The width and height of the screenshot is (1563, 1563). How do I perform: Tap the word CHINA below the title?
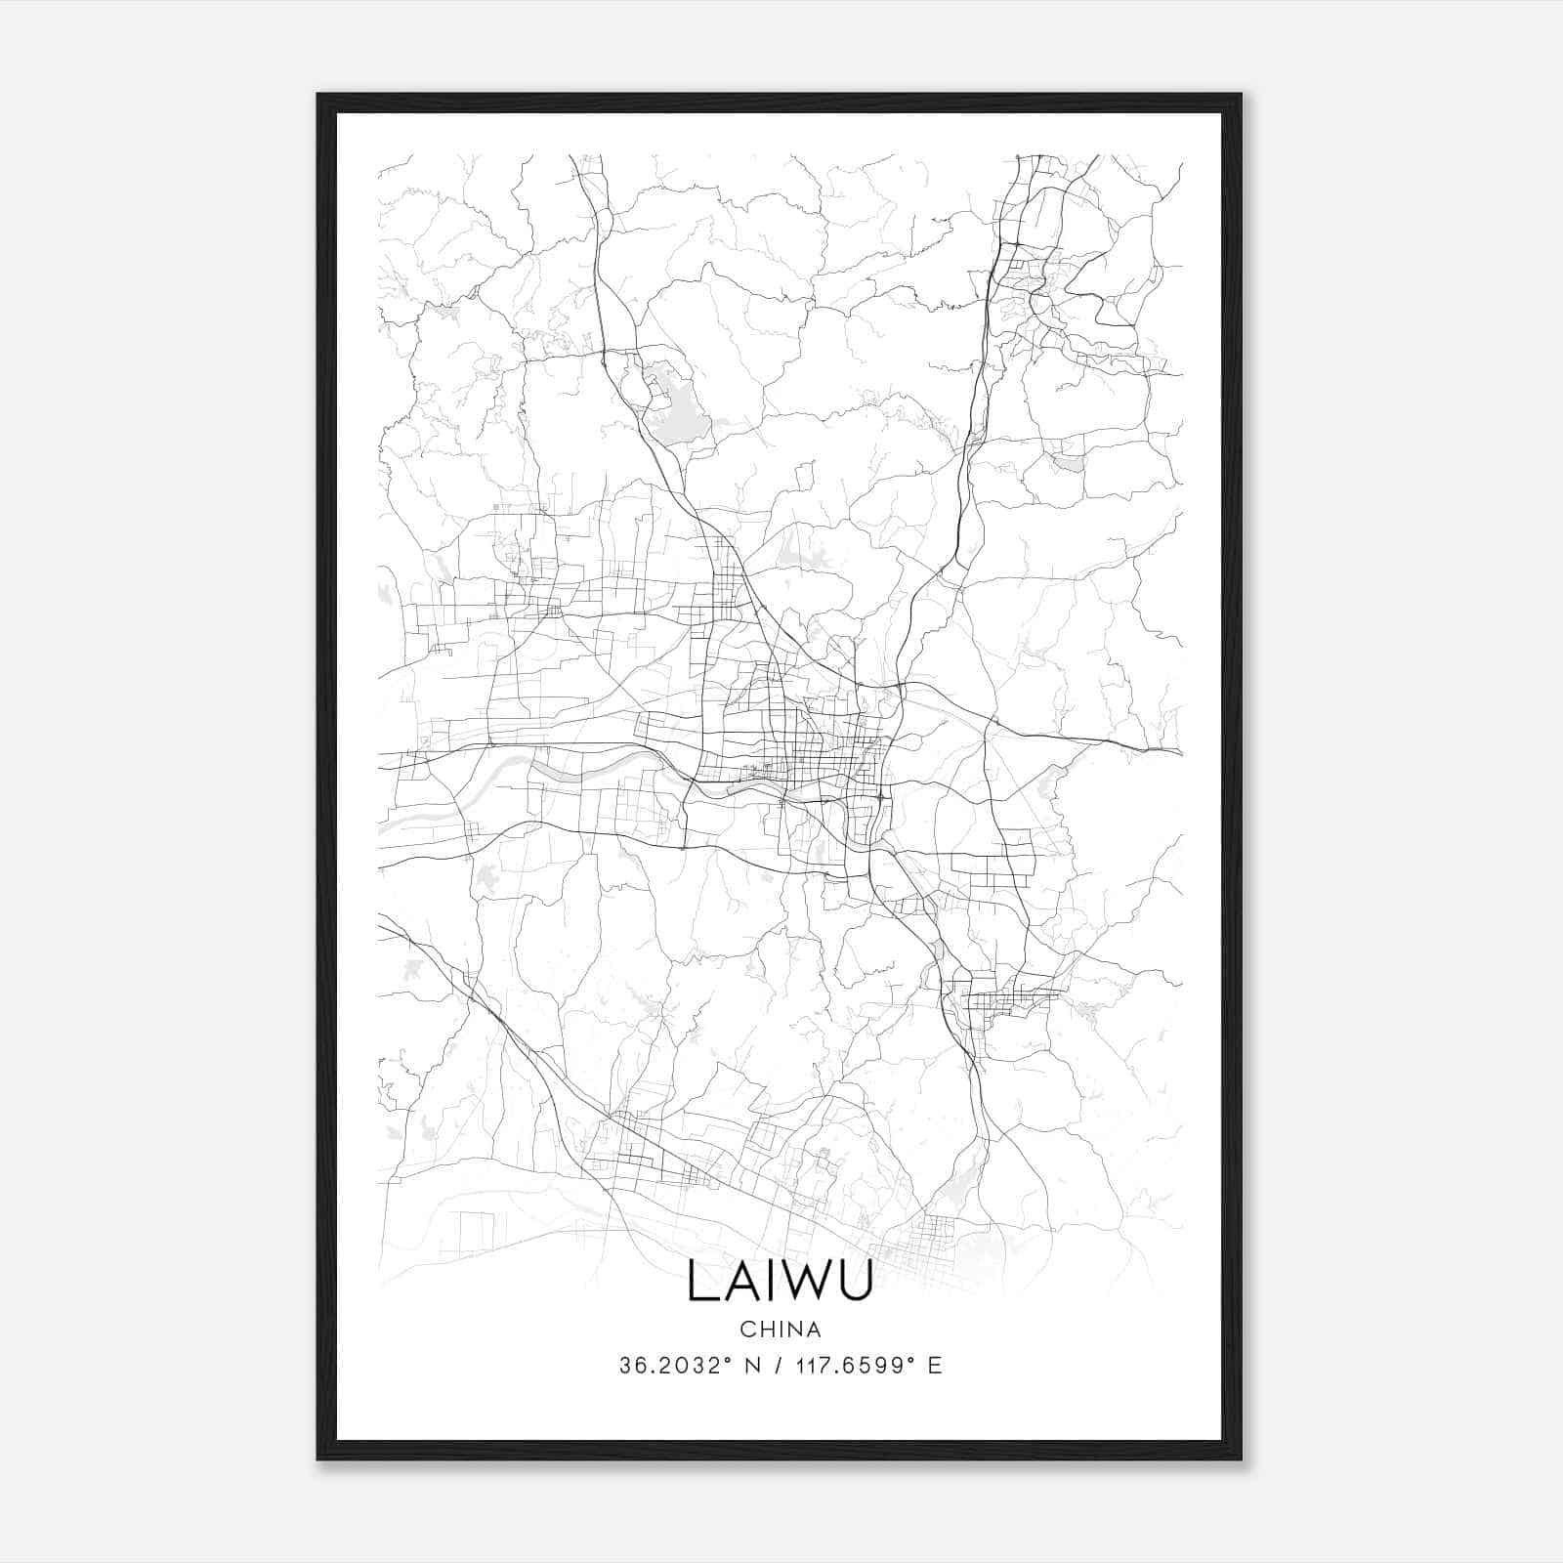point(780,1330)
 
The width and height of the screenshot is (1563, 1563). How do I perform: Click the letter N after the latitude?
point(751,1366)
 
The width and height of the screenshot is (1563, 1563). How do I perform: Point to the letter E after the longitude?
point(935,1366)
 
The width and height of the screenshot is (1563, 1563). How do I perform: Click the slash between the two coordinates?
point(778,1366)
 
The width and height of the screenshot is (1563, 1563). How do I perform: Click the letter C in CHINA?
point(746,1330)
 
